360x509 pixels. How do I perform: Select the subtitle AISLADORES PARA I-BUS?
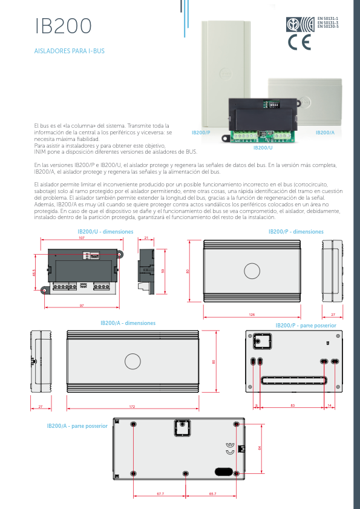tap(70, 51)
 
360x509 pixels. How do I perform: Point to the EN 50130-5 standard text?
tap(328, 27)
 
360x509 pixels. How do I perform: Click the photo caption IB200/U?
tap(263, 148)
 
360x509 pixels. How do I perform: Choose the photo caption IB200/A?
tap(325, 132)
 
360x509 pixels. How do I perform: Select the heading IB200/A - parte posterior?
tap(77, 426)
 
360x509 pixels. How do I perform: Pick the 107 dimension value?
tap(82, 238)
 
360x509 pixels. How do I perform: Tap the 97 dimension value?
tap(82, 305)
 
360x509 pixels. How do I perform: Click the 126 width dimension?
tap(252, 315)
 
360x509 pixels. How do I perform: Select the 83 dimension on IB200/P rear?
tap(292, 404)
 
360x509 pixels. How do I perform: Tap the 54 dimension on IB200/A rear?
tap(260, 447)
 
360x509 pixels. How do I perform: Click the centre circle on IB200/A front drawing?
tap(132, 362)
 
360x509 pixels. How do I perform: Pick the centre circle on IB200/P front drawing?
tap(252, 270)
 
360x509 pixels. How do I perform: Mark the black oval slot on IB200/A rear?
tap(223, 470)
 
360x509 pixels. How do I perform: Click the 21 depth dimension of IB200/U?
tap(146, 238)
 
